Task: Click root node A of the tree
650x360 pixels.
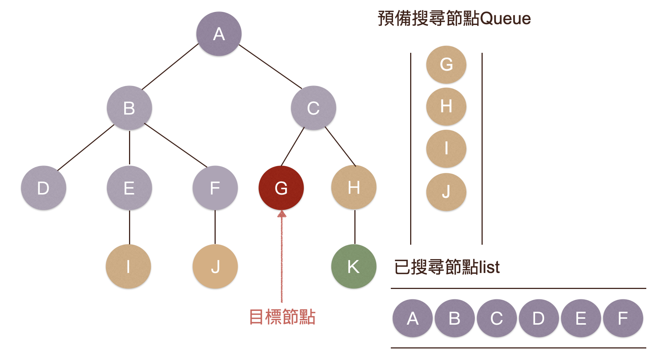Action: [x=219, y=34]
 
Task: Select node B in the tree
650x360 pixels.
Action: [x=129, y=108]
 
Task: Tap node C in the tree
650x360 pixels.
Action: [x=313, y=108]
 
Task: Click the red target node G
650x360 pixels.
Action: [x=281, y=188]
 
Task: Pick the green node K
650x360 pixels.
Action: [x=354, y=266]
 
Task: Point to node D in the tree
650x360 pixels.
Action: [x=44, y=188]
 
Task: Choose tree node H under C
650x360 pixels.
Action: [x=354, y=188]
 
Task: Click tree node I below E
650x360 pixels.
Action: [x=128, y=266]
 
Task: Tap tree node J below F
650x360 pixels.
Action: [x=215, y=266]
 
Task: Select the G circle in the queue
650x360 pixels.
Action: [x=446, y=65]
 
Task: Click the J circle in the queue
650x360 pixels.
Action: [x=446, y=192]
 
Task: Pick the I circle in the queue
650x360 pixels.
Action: [x=446, y=149]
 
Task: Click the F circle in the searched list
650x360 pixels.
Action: [x=623, y=318]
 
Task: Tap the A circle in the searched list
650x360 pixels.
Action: [x=412, y=318]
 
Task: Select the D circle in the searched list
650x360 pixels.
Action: [x=538, y=318]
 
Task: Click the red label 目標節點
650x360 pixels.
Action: [x=282, y=317]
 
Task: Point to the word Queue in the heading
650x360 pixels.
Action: [x=505, y=19]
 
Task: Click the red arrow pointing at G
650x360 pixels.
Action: [x=282, y=257]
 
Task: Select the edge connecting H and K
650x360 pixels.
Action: [x=355, y=227]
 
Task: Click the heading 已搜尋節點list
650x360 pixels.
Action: [x=447, y=267]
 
